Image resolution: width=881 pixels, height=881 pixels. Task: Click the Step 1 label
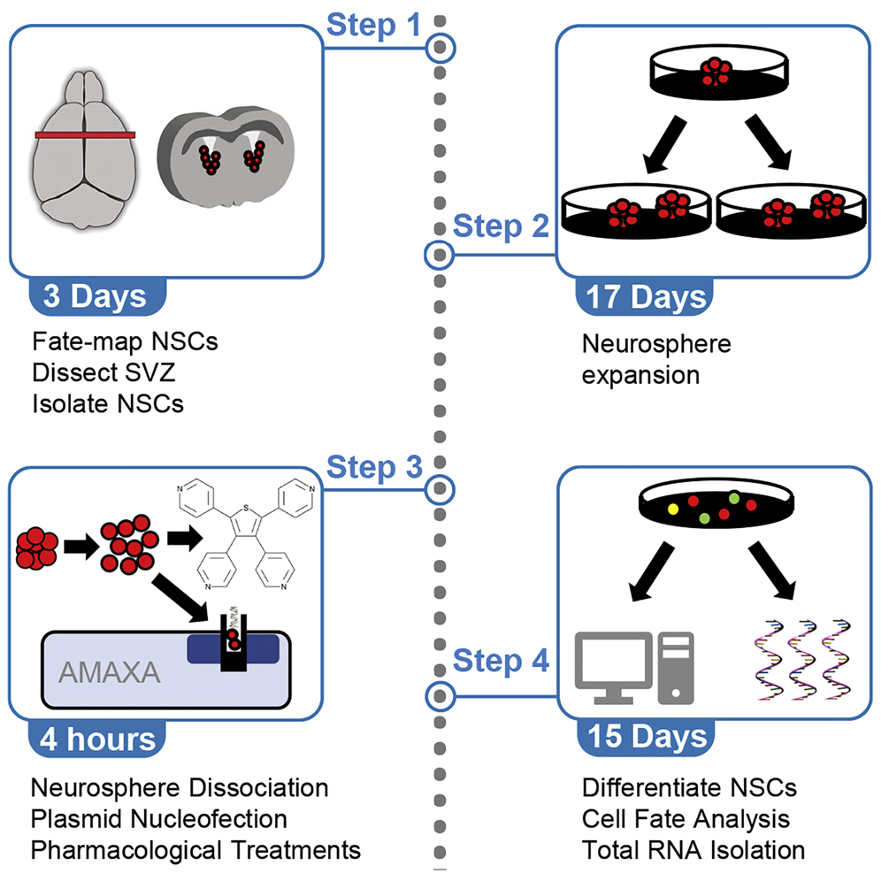click(374, 25)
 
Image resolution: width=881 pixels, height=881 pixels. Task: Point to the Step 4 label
click(501, 661)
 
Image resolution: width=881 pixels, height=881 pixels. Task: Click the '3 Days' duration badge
click(96, 295)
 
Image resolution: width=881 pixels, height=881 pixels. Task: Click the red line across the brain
click(85, 135)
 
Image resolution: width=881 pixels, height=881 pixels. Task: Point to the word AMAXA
click(110, 674)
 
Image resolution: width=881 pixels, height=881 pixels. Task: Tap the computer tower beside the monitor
click(675, 667)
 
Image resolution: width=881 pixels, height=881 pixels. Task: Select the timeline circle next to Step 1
click(440, 48)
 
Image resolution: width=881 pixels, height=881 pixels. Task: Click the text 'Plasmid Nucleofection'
click(159, 819)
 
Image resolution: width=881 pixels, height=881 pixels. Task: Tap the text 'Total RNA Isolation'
click(693, 850)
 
